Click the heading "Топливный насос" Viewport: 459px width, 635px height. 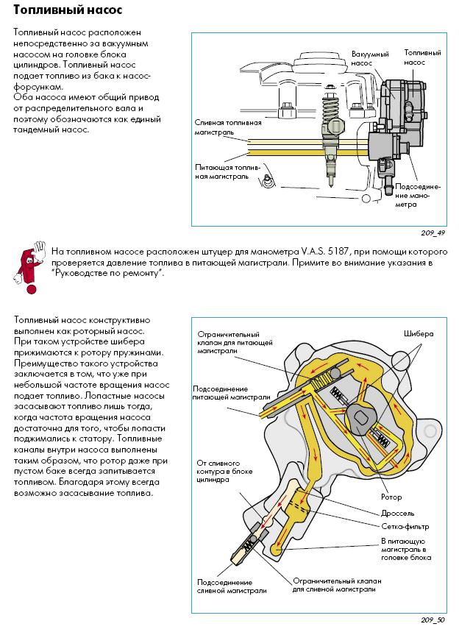click(68, 10)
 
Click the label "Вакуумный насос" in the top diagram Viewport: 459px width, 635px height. click(366, 60)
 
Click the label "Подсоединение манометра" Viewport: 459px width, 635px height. click(417, 195)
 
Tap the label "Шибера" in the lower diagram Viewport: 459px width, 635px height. click(419, 333)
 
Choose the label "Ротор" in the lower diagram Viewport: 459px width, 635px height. click(392, 497)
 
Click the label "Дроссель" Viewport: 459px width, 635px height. click(398, 513)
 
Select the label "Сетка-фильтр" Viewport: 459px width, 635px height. click(405, 527)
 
